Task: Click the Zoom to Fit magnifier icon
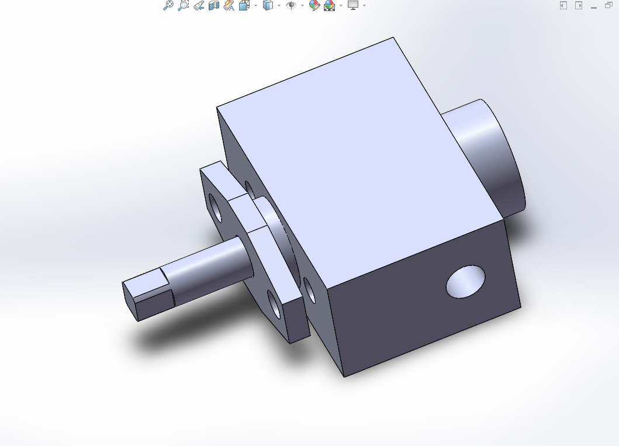168,5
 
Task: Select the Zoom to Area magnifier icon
183,5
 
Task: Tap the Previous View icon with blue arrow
198,5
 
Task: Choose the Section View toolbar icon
213,5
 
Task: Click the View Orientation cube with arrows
244,5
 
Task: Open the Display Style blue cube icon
268,5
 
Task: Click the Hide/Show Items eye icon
291,5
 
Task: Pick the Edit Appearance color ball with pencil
314,5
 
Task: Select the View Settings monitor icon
352,5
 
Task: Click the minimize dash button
594,6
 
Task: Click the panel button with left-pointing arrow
563,5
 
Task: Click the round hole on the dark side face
465,281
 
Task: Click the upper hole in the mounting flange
215,209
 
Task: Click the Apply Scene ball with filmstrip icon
330,5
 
